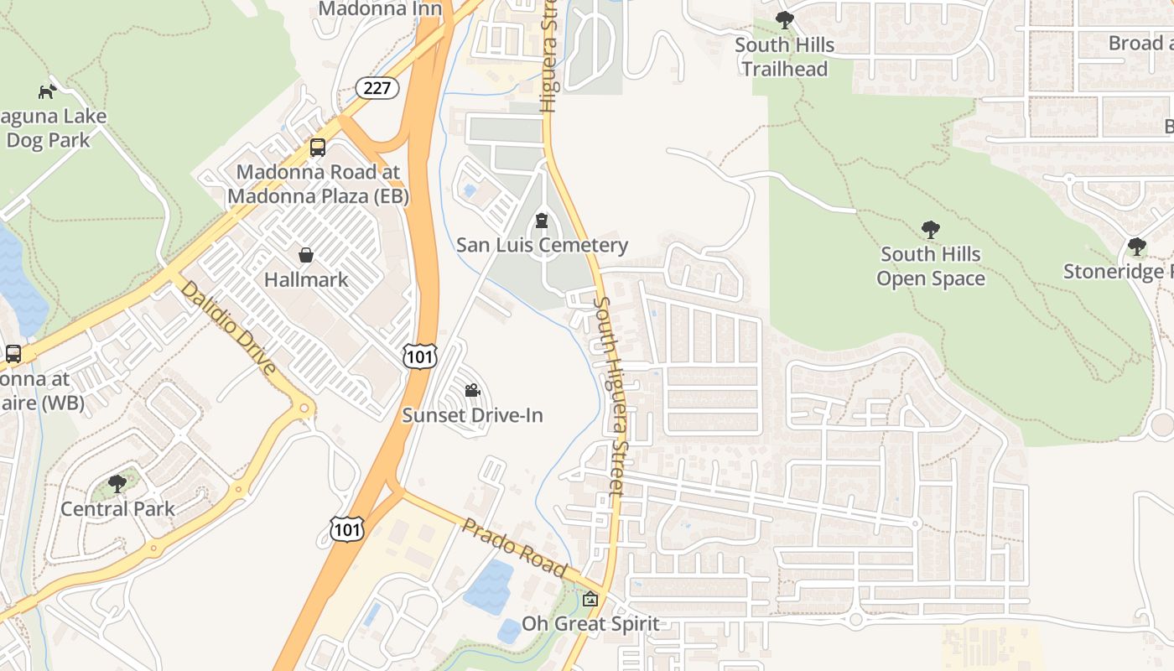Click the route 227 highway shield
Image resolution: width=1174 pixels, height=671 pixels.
click(x=377, y=87)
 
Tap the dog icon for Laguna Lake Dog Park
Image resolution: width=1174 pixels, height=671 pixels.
click(x=47, y=91)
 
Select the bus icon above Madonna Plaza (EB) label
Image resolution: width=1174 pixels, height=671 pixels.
click(x=318, y=148)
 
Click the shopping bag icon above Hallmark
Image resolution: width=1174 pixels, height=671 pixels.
click(x=306, y=254)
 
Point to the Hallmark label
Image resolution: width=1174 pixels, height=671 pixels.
click(x=306, y=279)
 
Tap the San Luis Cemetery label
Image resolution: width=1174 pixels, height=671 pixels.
click(x=542, y=245)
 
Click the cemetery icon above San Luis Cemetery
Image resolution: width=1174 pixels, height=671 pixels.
click(x=542, y=221)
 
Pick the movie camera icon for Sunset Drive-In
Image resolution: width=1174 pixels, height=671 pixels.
click(x=472, y=390)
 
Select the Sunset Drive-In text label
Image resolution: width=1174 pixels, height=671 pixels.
click(x=472, y=415)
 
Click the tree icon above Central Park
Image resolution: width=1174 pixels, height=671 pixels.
click(x=117, y=483)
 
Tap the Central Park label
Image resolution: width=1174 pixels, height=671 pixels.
click(x=117, y=508)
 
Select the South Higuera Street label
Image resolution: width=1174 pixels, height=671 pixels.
click(x=610, y=394)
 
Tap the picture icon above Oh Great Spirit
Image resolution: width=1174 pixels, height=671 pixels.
click(x=590, y=599)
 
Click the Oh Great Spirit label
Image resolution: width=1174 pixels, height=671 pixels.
click(x=590, y=624)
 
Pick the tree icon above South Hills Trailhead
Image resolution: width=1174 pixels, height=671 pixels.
click(x=785, y=20)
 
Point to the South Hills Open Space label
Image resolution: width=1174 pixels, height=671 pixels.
click(x=930, y=266)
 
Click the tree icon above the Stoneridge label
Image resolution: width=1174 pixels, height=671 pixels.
click(x=1137, y=247)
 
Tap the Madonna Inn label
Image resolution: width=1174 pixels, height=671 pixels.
click(x=381, y=8)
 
